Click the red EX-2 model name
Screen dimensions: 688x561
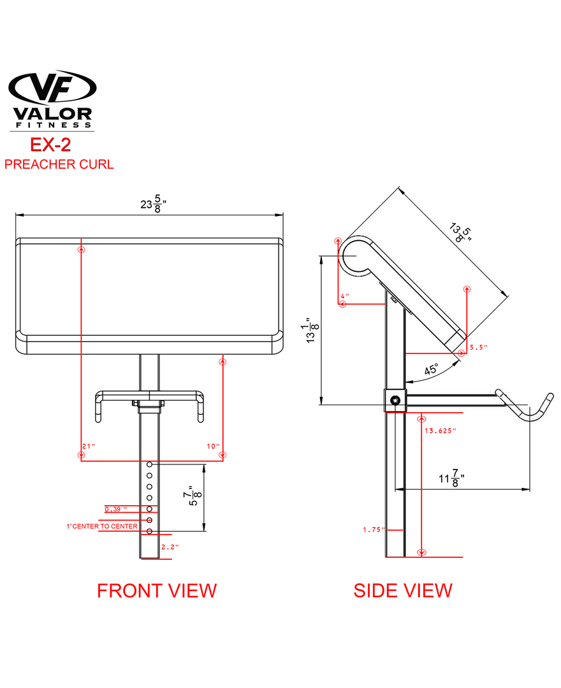[50, 144]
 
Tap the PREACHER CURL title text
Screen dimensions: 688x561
[59, 164]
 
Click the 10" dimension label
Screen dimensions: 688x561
[213, 445]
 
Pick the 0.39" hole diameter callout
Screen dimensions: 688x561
[115, 509]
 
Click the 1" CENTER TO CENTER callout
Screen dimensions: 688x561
[102, 526]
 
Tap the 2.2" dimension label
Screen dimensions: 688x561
[170, 547]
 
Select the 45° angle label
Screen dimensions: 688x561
[432, 369]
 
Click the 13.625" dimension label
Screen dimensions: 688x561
[440, 431]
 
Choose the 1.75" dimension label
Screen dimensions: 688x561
[373, 529]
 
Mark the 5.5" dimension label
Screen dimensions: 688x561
[478, 347]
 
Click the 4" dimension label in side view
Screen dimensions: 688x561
[345, 296]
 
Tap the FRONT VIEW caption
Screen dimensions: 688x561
[156, 591]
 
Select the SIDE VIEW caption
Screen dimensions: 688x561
[403, 591]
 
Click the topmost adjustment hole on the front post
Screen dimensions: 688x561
[149, 465]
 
